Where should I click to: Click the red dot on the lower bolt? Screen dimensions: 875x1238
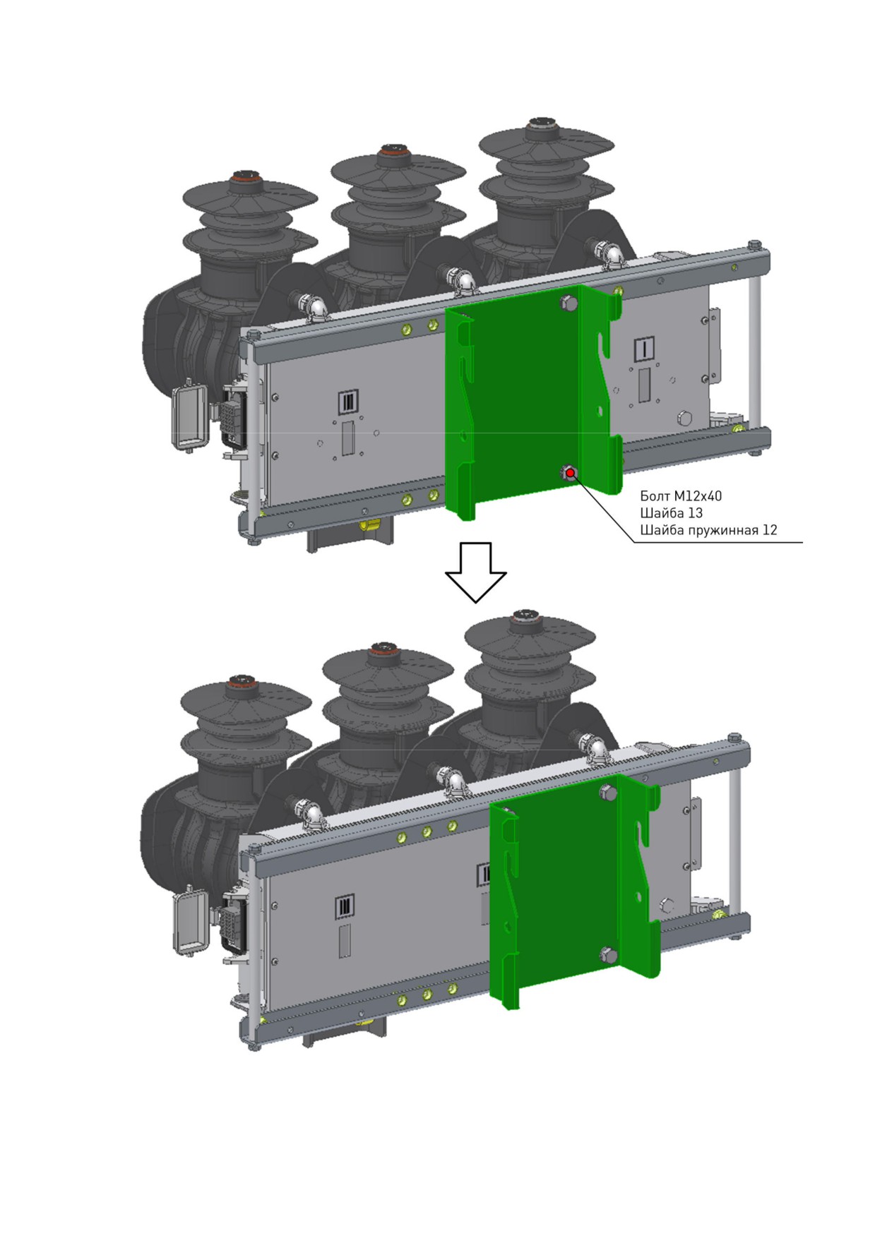point(570,472)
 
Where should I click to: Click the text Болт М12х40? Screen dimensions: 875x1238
point(681,496)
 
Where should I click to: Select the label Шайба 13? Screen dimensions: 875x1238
point(672,513)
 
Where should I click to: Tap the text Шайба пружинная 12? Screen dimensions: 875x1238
point(708,530)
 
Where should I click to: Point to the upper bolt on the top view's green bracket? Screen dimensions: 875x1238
point(569,304)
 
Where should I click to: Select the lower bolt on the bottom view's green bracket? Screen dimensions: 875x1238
point(608,956)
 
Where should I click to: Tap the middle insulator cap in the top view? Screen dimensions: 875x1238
point(389,151)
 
